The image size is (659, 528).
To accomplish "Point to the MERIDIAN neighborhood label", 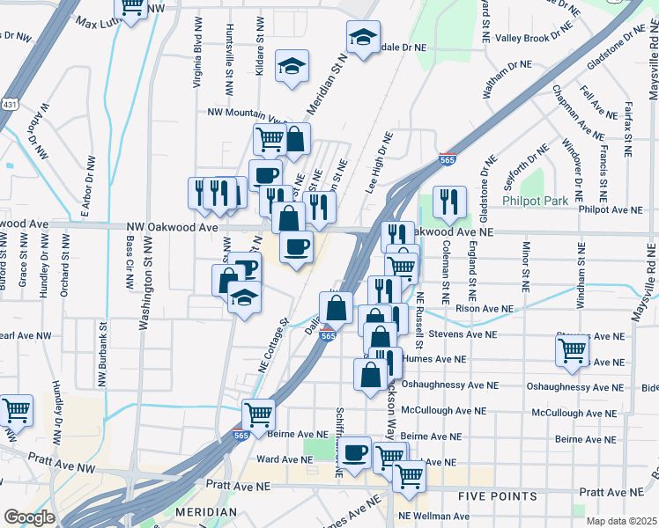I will click(x=206, y=512).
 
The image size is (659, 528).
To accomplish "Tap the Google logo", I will click(x=30, y=517).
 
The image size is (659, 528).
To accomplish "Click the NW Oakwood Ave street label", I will click(x=171, y=227).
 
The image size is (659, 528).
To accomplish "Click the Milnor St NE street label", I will click(x=526, y=266).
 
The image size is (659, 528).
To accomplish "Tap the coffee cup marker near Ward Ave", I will click(x=355, y=452).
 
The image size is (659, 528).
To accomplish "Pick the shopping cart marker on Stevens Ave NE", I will click(x=573, y=349).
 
